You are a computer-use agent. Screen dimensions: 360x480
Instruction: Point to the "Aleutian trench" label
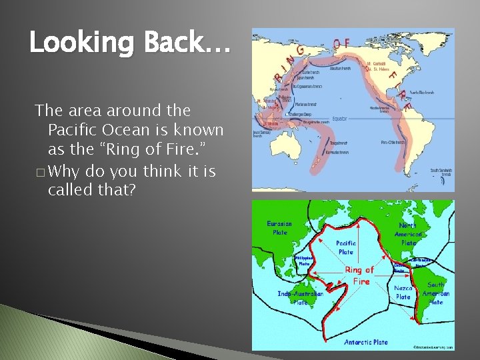336,69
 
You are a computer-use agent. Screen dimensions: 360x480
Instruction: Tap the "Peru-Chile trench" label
394,142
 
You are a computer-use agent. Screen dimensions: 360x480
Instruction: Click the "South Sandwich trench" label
441,172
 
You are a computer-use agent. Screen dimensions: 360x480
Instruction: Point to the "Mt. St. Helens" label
380,68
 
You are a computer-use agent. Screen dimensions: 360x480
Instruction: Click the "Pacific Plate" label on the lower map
345,247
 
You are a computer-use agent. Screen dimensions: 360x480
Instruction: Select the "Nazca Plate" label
403,292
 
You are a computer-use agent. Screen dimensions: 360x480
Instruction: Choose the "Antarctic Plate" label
366,342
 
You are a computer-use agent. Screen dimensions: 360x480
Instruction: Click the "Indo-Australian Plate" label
300,297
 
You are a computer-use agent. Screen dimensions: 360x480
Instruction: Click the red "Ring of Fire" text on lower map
360,275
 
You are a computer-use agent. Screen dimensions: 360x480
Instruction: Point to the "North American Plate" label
408,234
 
